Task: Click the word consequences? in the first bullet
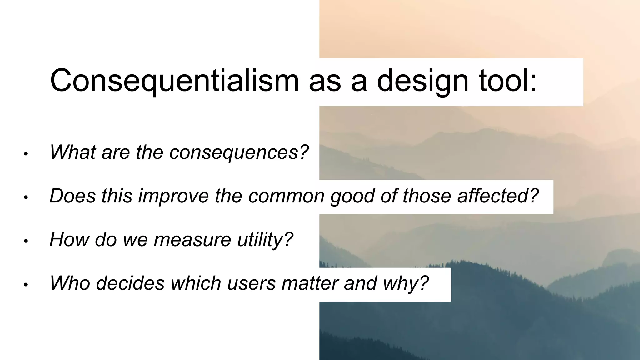coord(239,152)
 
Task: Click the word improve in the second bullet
coord(173,196)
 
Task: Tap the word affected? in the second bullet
coord(498,196)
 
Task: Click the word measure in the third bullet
coord(192,240)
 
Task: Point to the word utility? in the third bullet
coord(265,240)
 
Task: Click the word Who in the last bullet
coord(70,283)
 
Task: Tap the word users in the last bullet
coord(251,283)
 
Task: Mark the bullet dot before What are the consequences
coord(26,154)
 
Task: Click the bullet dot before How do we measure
coord(26,241)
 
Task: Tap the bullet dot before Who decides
coord(26,285)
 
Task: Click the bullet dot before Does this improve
coord(26,198)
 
